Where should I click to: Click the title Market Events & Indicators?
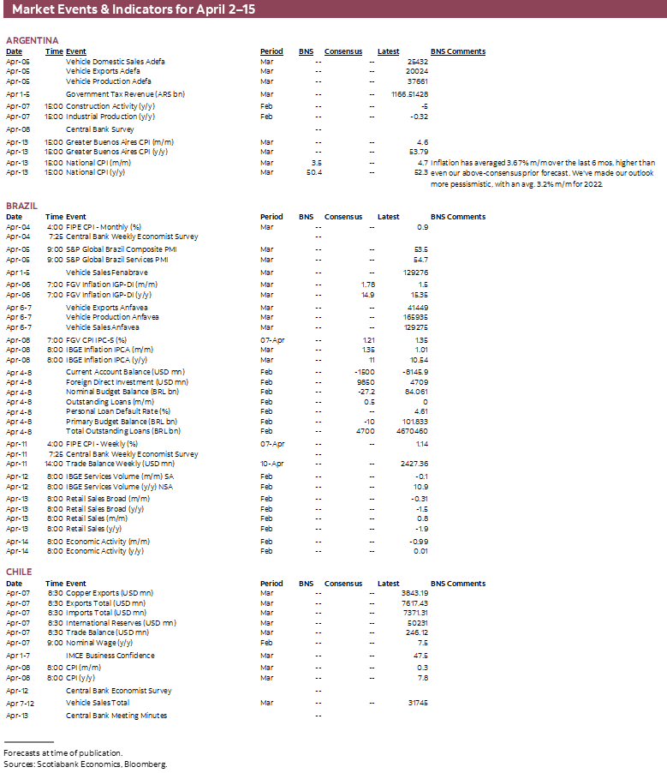[x=133, y=10]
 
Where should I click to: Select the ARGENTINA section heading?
[x=32, y=40]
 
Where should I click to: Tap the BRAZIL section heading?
[x=21, y=207]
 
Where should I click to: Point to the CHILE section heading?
[x=19, y=572]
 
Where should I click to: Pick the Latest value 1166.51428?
[x=409, y=94]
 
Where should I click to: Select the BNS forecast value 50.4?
[x=313, y=172]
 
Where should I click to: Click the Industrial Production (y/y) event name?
[x=110, y=117]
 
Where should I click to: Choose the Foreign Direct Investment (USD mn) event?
[x=127, y=381]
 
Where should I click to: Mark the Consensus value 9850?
[x=366, y=381]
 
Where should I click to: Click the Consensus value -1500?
[x=364, y=371]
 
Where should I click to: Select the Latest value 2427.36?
[x=413, y=464]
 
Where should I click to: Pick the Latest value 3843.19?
[x=414, y=593]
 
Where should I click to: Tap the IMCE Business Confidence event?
[x=110, y=656]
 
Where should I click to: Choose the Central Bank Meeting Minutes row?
[x=116, y=716]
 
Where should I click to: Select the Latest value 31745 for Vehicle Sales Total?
[x=417, y=703]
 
